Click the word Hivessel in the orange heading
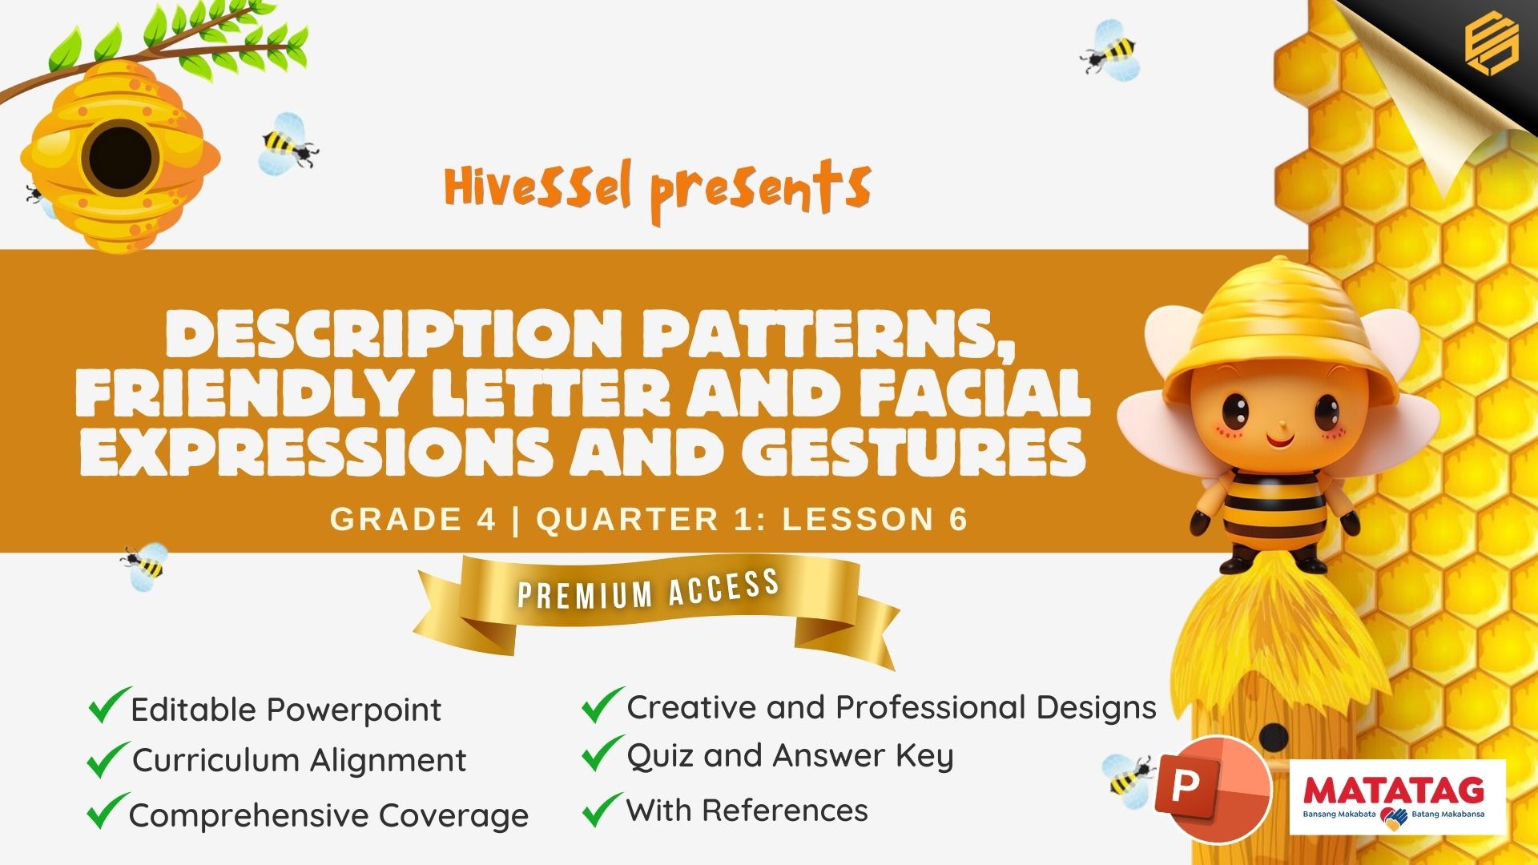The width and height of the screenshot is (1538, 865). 537,186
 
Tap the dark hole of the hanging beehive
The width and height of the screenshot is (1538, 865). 120,157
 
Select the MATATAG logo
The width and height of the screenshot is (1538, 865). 1397,797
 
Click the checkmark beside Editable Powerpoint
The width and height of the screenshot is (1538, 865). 109,705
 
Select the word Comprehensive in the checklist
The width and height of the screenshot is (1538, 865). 249,816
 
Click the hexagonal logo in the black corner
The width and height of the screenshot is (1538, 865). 1491,46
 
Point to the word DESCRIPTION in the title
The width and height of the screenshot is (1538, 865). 393,334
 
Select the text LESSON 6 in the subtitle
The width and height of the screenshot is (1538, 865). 875,519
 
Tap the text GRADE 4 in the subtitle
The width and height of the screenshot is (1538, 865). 413,519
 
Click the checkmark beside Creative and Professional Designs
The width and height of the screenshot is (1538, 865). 602,705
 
